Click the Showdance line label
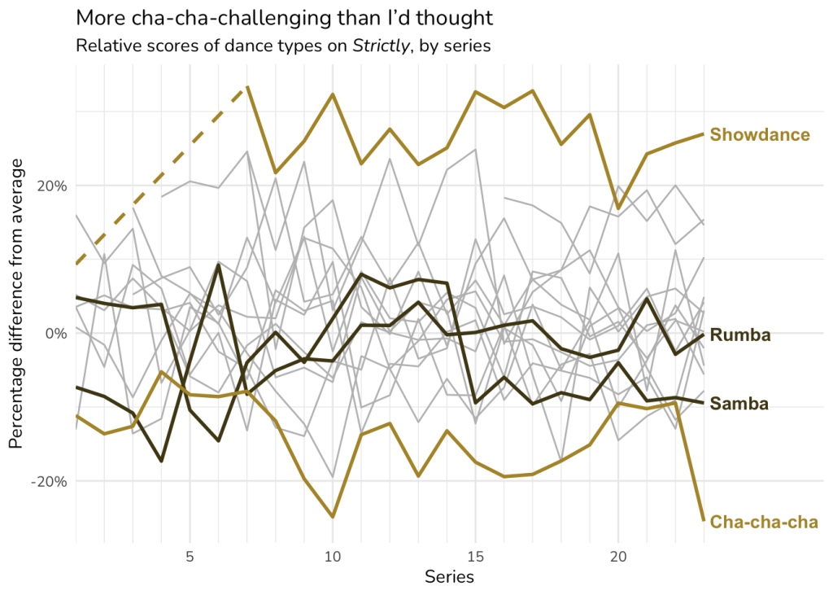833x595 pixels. pos(760,134)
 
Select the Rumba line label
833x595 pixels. pos(740,335)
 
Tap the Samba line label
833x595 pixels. pos(740,403)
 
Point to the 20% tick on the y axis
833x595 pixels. pos(50,186)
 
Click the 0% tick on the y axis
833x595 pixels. pos(55,333)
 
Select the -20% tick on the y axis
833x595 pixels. pos(49,481)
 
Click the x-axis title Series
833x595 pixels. pos(449,577)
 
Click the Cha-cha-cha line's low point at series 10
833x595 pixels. pos(333,517)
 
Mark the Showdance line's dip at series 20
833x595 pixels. pos(618,208)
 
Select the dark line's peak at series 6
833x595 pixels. pos(218,265)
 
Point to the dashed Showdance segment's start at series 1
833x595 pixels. pos(76,264)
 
